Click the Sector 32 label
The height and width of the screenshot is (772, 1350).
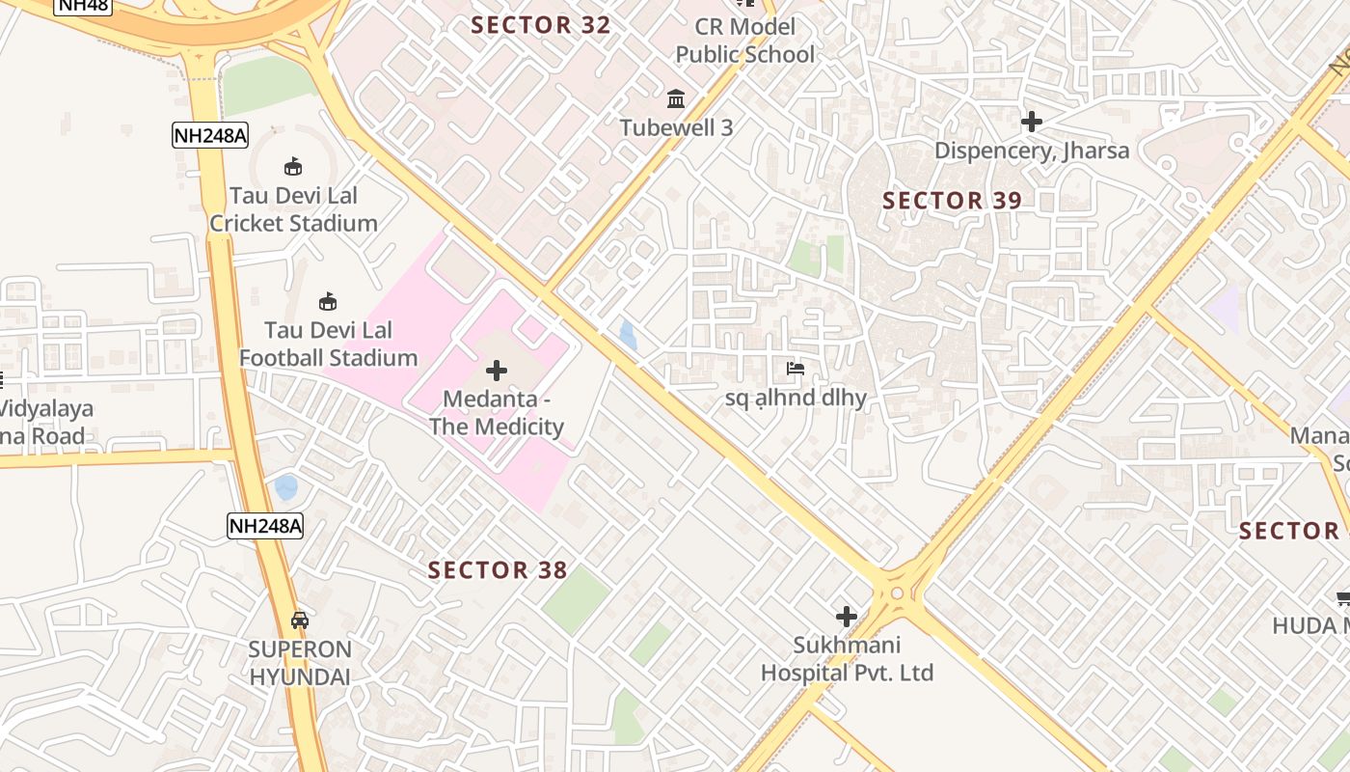click(541, 26)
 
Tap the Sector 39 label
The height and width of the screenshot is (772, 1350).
click(952, 201)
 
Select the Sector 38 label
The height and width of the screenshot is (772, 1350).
click(498, 570)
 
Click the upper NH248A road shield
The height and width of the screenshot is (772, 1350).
click(210, 136)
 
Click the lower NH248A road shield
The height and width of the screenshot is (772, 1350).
click(265, 526)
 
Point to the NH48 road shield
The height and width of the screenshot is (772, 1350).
click(82, 5)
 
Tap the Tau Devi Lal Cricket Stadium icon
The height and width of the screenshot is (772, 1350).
click(293, 167)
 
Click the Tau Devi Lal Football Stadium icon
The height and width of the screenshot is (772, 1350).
click(328, 302)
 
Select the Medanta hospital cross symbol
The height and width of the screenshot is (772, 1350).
click(497, 371)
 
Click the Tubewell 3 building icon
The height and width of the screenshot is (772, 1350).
click(676, 99)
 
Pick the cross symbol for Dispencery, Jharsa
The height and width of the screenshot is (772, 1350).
click(1031, 122)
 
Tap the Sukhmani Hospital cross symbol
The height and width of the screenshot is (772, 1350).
click(847, 617)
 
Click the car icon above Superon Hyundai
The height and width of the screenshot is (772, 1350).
click(300, 620)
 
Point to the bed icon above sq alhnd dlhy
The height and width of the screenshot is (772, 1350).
click(796, 369)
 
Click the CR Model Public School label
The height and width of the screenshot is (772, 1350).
click(745, 41)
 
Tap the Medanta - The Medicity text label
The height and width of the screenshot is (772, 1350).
click(497, 413)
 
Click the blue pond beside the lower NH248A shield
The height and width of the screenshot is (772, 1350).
click(286, 487)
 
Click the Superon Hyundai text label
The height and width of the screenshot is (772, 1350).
click(300, 663)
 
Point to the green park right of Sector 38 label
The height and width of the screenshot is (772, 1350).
click(576, 598)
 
